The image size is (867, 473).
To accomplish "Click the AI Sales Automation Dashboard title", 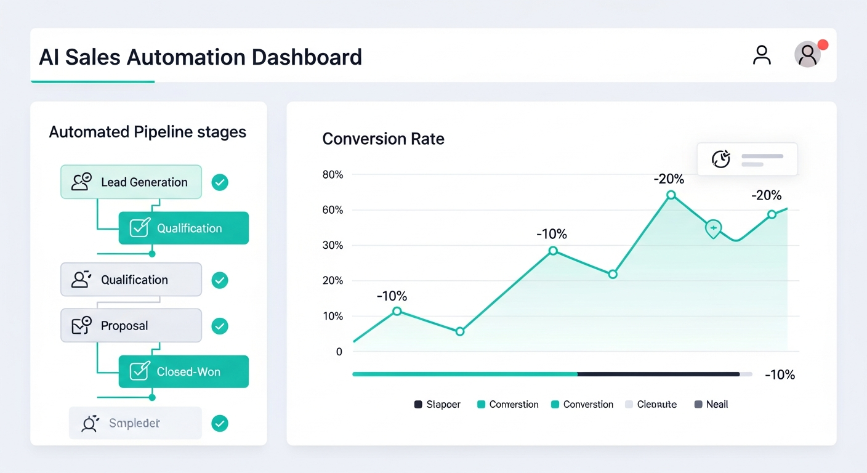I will pyautogui.click(x=200, y=57).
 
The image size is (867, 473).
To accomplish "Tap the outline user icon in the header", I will pyautogui.click(x=762, y=55).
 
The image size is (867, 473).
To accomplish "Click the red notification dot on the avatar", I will pyautogui.click(x=822, y=45).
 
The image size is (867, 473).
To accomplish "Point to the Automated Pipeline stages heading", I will pyautogui.click(x=147, y=132).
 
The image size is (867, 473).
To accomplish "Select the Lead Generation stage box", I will pyautogui.click(x=131, y=182).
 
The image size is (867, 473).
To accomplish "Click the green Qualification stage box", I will pyautogui.click(x=183, y=228).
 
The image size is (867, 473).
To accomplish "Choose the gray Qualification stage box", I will pyautogui.click(x=131, y=280).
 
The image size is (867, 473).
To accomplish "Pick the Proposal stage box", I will pyautogui.click(x=131, y=326).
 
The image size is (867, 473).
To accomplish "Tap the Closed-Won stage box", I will pyautogui.click(x=183, y=371).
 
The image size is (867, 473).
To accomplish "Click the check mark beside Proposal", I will pyautogui.click(x=220, y=326).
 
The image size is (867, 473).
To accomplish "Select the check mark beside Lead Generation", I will pyautogui.click(x=220, y=182).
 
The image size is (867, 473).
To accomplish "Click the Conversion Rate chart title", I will pyautogui.click(x=383, y=139).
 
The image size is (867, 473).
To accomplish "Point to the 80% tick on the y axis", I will pyautogui.click(x=333, y=175).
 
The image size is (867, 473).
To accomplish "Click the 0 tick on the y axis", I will pyautogui.click(x=339, y=352).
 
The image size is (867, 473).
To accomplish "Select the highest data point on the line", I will pyautogui.click(x=671, y=195).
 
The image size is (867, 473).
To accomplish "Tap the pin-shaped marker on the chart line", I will pyautogui.click(x=713, y=228).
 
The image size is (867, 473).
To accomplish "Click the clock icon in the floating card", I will pyautogui.click(x=721, y=160).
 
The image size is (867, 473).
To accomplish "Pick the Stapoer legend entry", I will pyautogui.click(x=437, y=405).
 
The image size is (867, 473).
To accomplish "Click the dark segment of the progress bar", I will pyautogui.click(x=658, y=374).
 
